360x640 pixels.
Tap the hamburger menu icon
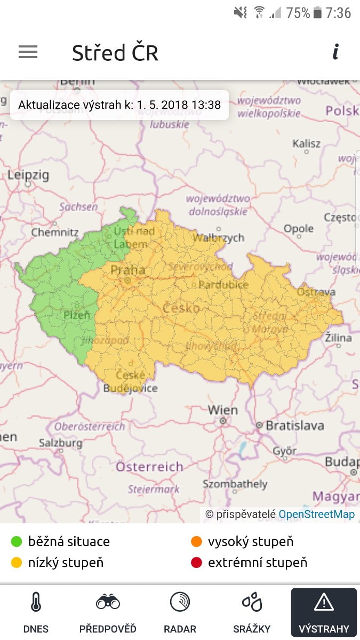point(28,52)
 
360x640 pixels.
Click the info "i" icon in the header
point(335,52)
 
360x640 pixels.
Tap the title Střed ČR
point(115,53)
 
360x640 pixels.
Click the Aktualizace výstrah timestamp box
point(119,105)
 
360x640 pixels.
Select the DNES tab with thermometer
point(36,613)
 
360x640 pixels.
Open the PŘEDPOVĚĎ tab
point(108,613)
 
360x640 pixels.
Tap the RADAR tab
point(180,613)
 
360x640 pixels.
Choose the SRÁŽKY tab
point(252,613)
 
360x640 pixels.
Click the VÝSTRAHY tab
point(324,613)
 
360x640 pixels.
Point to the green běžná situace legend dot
point(17,542)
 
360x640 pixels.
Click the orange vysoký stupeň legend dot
point(196,542)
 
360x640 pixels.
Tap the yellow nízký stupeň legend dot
point(17,563)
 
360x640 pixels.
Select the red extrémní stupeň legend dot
point(196,563)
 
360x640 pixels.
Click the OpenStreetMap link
point(316,514)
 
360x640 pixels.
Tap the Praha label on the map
point(127,270)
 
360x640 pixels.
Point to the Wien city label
point(222,410)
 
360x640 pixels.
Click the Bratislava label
point(294,426)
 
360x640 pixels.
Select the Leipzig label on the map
point(28,175)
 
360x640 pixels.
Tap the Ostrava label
point(316,292)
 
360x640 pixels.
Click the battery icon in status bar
point(318,13)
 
